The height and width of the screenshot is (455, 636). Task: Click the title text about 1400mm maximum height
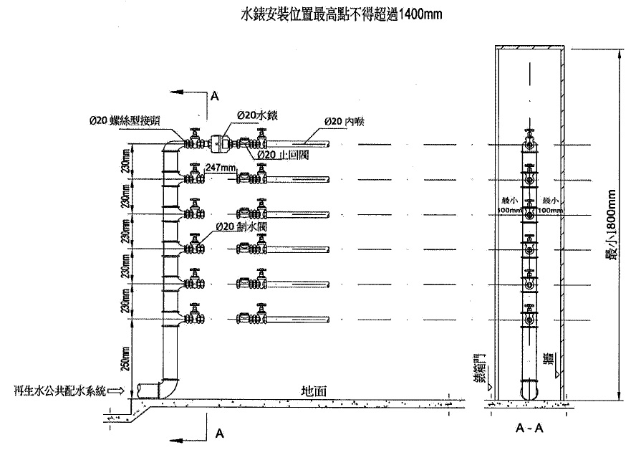pos(336,14)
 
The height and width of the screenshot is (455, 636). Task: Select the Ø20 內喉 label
pos(344,121)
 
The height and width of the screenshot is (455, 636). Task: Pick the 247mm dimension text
pos(221,166)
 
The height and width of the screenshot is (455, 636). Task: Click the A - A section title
pos(529,428)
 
